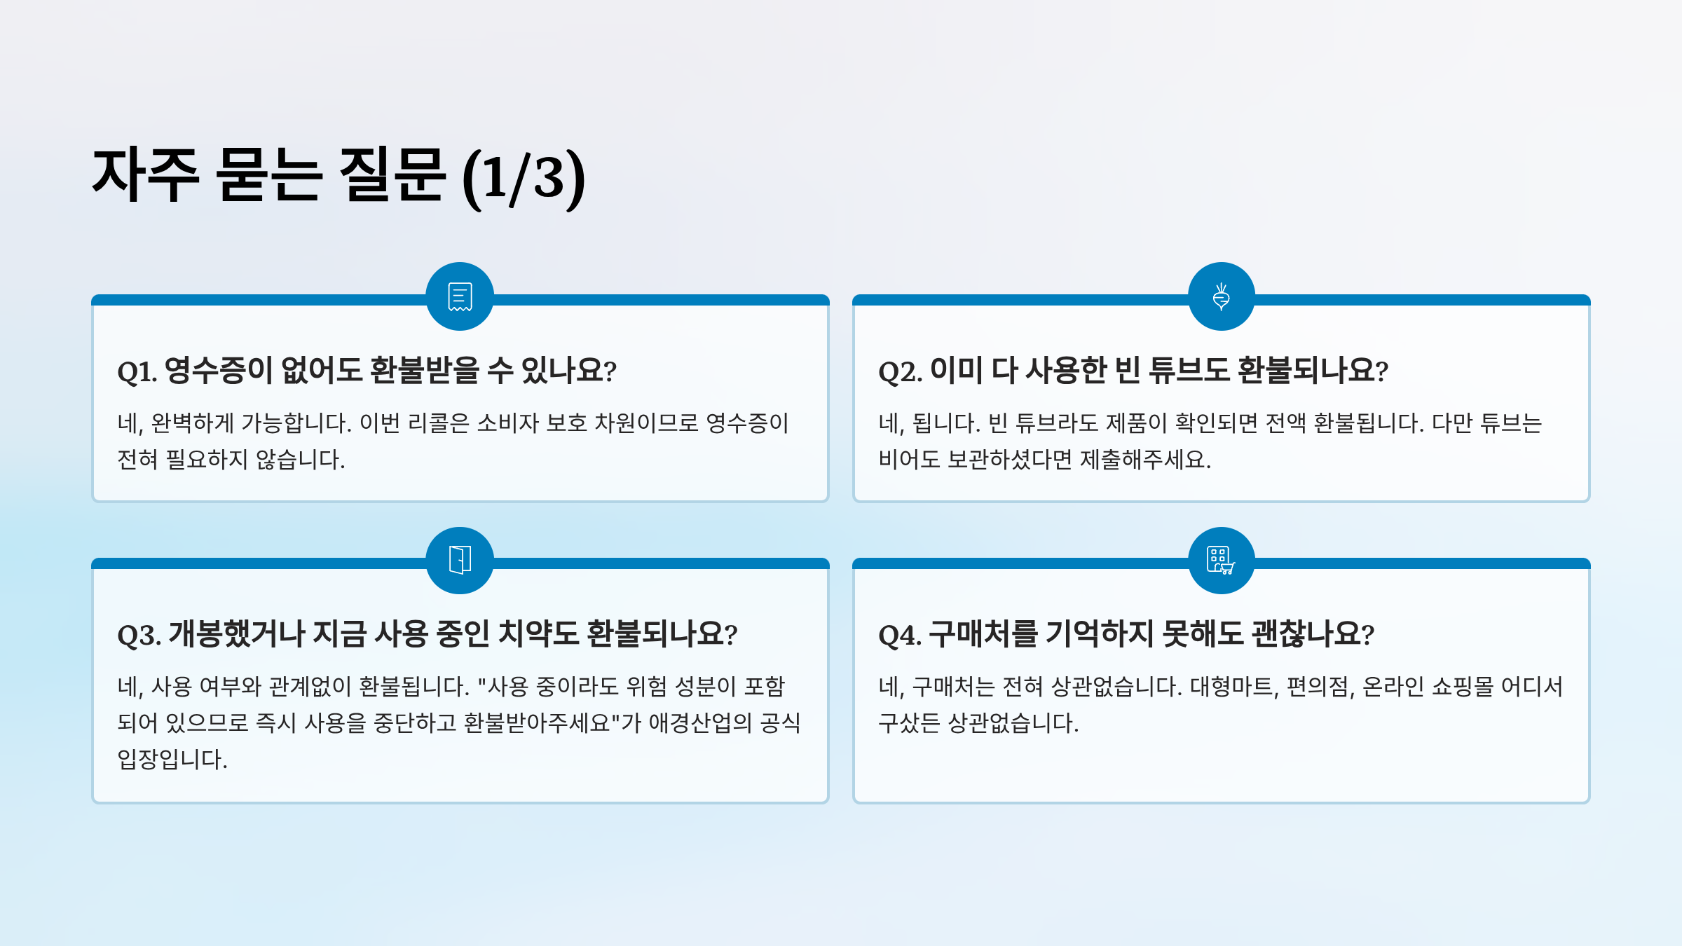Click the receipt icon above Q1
pyautogui.click(x=460, y=296)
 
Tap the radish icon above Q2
pyautogui.click(x=1221, y=296)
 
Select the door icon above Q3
pyautogui.click(x=460, y=560)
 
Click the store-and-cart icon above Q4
pyautogui.click(x=1221, y=560)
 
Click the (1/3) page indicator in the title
pyautogui.click(x=524, y=177)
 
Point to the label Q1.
pyautogui.click(x=137, y=371)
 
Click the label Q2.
pyautogui.click(x=900, y=371)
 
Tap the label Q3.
pyautogui.click(x=139, y=635)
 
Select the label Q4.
pyautogui.click(x=900, y=635)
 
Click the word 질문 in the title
pyautogui.click(x=391, y=175)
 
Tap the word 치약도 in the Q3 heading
pyautogui.click(x=538, y=633)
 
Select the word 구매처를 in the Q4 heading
pyautogui.click(x=983, y=633)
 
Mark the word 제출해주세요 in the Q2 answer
pyautogui.click(x=1144, y=460)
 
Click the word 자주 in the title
pyautogui.click(x=146, y=175)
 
